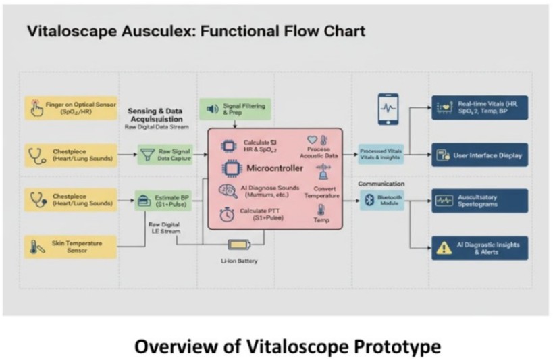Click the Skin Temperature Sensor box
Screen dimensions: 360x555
pyautogui.click(x=70, y=248)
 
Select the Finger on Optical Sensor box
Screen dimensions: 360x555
pyautogui.click(x=70, y=108)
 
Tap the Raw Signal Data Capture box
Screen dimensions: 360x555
pyautogui.click(x=165, y=155)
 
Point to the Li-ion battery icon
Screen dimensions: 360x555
pyautogui.click(x=238, y=245)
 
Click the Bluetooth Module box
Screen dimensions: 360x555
pyautogui.click(x=381, y=199)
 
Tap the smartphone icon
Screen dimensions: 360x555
pyautogui.click(x=388, y=108)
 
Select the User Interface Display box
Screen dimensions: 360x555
pyautogui.click(x=479, y=155)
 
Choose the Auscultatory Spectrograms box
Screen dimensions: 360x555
pyautogui.click(x=479, y=200)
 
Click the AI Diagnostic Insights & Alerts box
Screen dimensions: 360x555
pyautogui.click(x=479, y=248)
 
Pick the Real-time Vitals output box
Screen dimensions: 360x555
pyautogui.click(x=479, y=108)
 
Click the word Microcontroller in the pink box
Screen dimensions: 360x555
pyautogui.click(x=275, y=168)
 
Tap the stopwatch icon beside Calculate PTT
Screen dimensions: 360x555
pyautogui.click(x=228, y=215)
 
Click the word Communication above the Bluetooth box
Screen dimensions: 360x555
pyautogui.click(x=381, y=184)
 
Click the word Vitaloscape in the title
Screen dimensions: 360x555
pyautogui.click(x=67, y=31)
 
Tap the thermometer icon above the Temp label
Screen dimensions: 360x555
pyautogui.click(x=320, y=207)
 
